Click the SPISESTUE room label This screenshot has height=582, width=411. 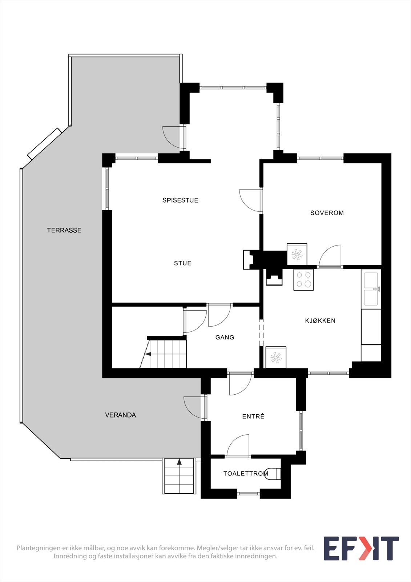(180, 200)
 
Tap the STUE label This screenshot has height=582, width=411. (182, 263)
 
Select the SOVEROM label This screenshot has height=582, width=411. (327, 213)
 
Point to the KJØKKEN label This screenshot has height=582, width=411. (320, 320)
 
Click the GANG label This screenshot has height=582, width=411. (225, 337)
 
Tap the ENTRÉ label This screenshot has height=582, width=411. (253, 416)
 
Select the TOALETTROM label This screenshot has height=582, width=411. (246, 473)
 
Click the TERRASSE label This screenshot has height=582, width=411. (64, 230)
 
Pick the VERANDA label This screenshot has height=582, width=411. (120, 415)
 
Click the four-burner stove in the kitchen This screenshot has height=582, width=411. (303, 280)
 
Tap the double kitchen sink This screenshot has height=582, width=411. (371, 289)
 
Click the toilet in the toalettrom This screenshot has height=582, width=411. (274, 474)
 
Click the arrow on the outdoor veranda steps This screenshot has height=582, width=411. (179, 462)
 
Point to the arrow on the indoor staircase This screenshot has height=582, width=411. (148, 353)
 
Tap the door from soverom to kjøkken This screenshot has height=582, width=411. (330, 257)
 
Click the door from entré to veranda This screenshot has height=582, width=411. (193, 407)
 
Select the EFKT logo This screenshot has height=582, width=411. (361, 548)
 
